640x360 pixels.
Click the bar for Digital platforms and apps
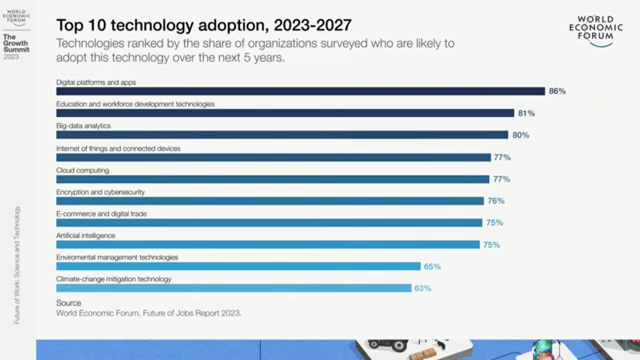[300, 91]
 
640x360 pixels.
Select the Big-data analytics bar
[282, 135]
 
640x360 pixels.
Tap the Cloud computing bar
[272, 179]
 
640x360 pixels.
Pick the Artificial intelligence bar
[268, 244]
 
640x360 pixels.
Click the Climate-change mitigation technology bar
[233, 288]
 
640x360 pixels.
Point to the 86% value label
[557, 91]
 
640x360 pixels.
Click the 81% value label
[526, 113]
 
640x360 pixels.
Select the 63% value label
[422, 288]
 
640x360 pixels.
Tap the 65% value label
[432, 266]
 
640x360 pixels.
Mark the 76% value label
[496, 201]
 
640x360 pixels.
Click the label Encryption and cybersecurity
[100, 192]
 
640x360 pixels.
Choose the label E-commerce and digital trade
[101, 214]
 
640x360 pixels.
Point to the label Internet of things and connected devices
[118, 148]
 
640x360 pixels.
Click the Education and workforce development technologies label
[135, 104]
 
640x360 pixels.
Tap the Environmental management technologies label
[117, 257]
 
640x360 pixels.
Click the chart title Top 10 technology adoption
[204, 25]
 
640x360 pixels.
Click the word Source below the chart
[68, 303]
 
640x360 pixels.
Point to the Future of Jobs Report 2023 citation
[148, 313]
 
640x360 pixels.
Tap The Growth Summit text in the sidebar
[16, 43]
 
